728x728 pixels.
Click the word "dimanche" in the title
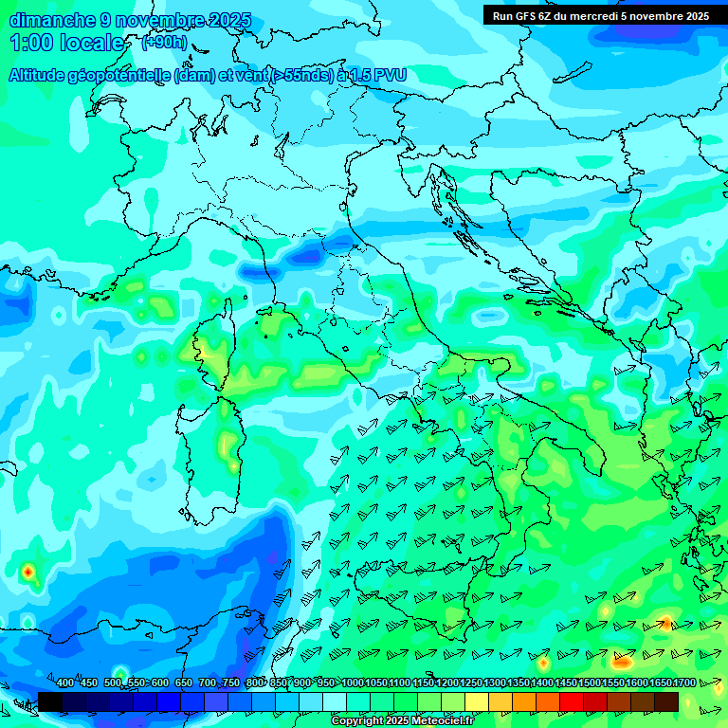(x=52, y=20)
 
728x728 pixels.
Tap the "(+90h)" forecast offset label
(x=164, y=43)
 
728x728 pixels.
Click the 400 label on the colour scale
(x=65, y=683)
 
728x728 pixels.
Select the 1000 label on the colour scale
(x=353, y=683)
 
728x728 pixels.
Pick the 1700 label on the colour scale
(x=684, y=683)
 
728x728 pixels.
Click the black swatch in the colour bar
(x=50, y=701)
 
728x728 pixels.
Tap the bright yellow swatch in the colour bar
(x=477, y=701)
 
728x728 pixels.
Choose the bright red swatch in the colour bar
(x=572, y=701)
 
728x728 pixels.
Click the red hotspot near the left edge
(x=27, y=572)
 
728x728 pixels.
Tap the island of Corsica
(x=210, y=351)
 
